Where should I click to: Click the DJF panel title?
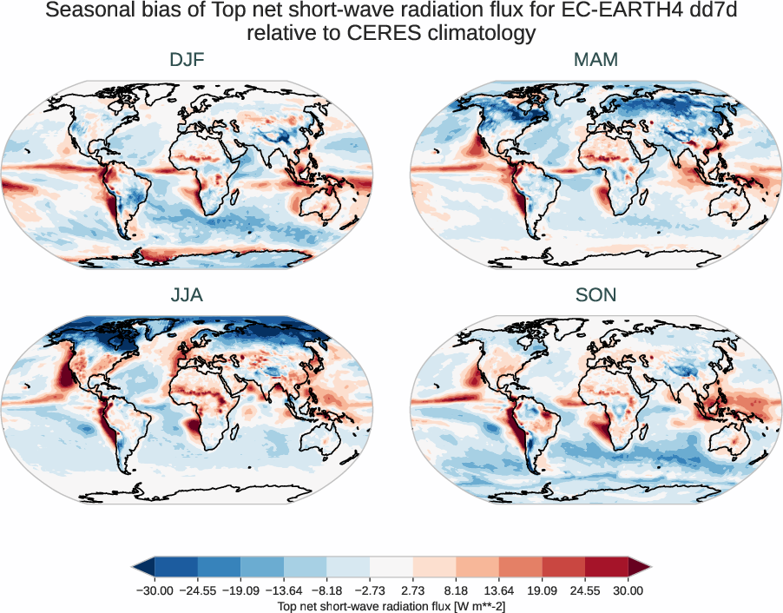187,60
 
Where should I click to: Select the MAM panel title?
595,60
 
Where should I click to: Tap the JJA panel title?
187,295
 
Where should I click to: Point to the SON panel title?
595,295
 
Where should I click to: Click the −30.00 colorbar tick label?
154,590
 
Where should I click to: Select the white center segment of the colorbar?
391,567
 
